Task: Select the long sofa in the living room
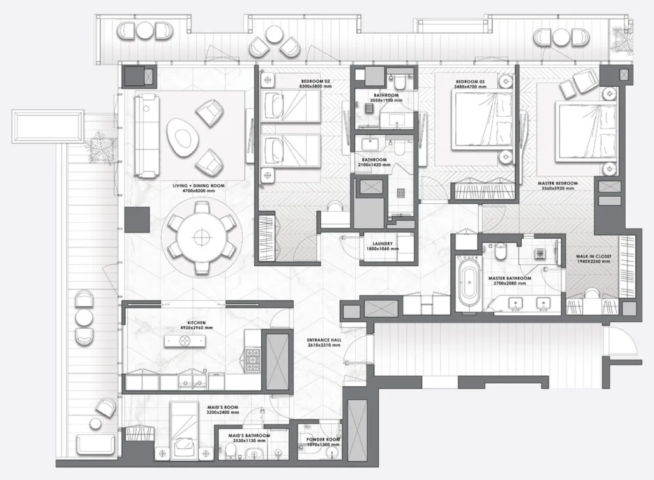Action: (x=146, y=136)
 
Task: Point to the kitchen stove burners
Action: (x=253, y=360)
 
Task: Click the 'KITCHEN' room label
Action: (x=196, y=323)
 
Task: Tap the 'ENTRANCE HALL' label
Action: (x=324, y=341)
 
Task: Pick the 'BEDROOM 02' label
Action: (x=316, y=82)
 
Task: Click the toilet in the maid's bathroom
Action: (x=229, y=454)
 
